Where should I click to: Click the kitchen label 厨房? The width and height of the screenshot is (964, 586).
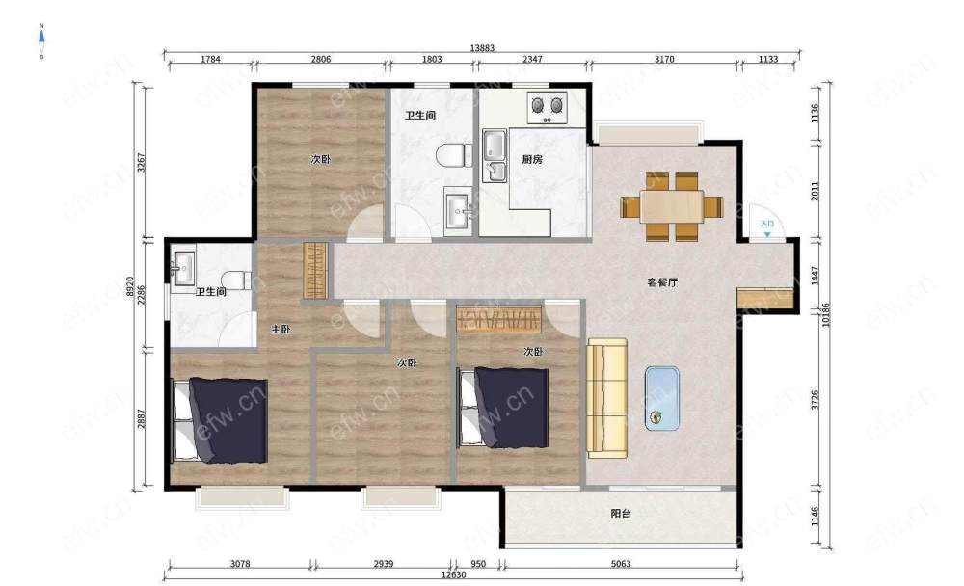[x=532, y=159]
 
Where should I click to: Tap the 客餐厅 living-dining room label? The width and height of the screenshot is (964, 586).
[x=662, y=282]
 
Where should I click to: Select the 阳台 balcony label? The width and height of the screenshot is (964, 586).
[x=620, y=514]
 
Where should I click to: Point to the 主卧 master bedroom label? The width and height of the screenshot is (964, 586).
[x=281, y=329]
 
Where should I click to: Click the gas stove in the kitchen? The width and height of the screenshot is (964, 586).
[x=548, y=107]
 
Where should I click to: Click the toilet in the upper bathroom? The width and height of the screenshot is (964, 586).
[x=454, y=155]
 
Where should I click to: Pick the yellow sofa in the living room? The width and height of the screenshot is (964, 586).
[x=606, y=398]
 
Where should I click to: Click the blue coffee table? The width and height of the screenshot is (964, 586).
[x=662, y=398]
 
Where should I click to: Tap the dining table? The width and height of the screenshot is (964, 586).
[x=671, y=206]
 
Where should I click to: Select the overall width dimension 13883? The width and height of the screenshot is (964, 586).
[x=482, y=48]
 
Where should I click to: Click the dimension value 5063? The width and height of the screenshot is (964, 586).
[x=620, y=563]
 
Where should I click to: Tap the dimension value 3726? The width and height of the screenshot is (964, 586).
[x=815, y=400]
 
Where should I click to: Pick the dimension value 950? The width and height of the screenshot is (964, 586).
[x=478, y=563]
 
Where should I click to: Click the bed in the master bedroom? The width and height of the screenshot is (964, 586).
[x=220, y=420]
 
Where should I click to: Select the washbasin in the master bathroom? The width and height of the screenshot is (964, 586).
[x=184, y=268]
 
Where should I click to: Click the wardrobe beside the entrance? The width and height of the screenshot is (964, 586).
[x=764, y=298]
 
